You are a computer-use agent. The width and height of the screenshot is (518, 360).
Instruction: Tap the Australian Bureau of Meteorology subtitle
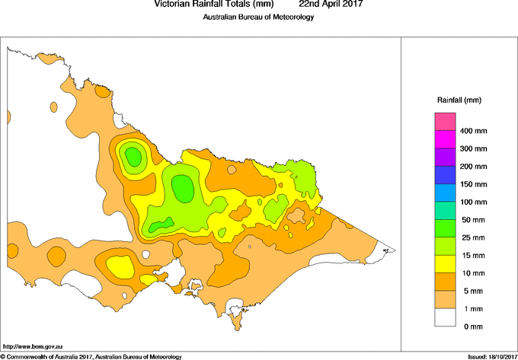coord(258,18)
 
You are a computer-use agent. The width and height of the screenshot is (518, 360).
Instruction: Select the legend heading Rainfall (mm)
coord(459,100)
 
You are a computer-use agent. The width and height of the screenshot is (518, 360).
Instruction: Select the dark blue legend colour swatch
coord(445,175)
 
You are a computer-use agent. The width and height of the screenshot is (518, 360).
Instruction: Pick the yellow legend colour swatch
coord(445,264)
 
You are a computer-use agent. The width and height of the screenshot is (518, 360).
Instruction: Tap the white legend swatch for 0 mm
coord(445,317)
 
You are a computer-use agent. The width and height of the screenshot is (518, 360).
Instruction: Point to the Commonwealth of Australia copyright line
coord(91,356)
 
